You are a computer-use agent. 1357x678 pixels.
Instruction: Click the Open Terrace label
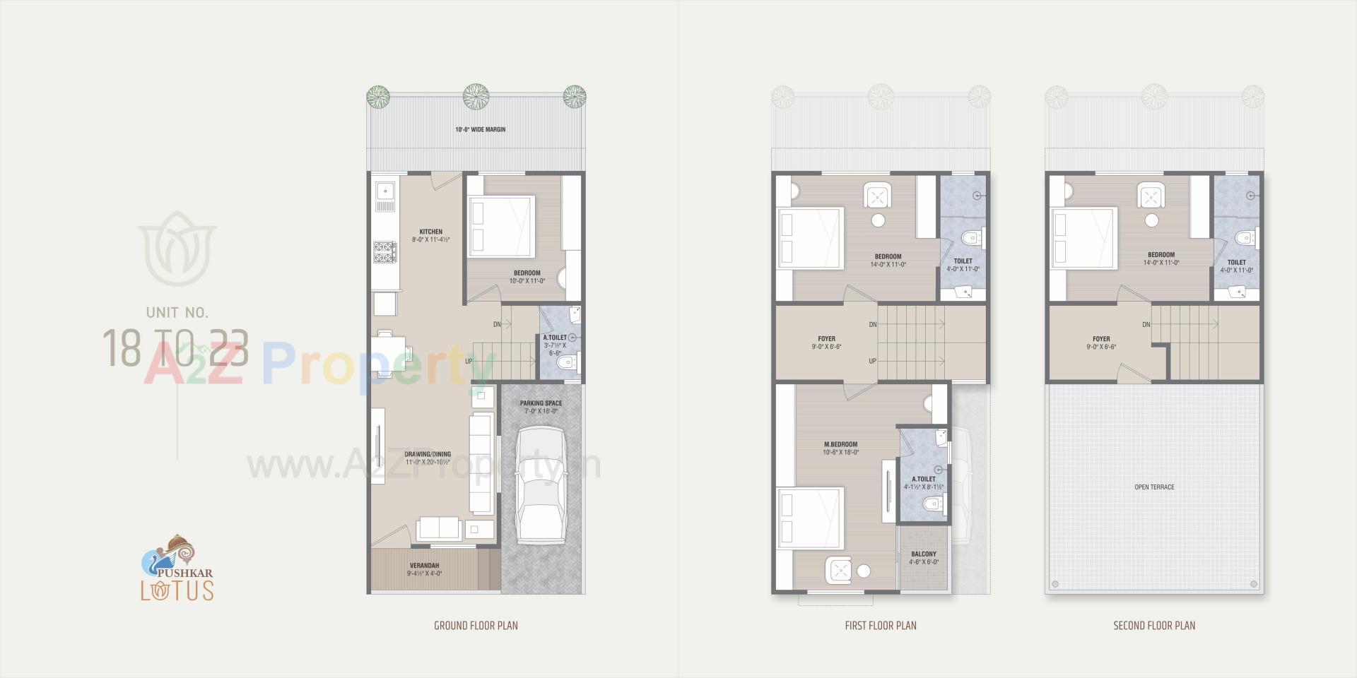[1154, 487]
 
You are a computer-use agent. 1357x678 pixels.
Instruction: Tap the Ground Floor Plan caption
[476, 626]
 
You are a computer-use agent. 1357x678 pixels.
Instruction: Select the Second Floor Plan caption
[1154, 626]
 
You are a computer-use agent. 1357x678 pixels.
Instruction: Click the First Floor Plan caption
[881, 626]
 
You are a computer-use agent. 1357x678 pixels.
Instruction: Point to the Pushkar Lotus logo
[177, 569]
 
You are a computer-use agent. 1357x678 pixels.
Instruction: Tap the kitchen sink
[385, 191]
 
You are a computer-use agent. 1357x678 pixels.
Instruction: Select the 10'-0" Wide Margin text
[480, 130]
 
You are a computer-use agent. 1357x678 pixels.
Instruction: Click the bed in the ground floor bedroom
[500, 226]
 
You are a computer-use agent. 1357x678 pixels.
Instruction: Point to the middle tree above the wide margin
[476, 96]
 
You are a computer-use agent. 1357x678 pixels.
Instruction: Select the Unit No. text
[177, 312]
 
